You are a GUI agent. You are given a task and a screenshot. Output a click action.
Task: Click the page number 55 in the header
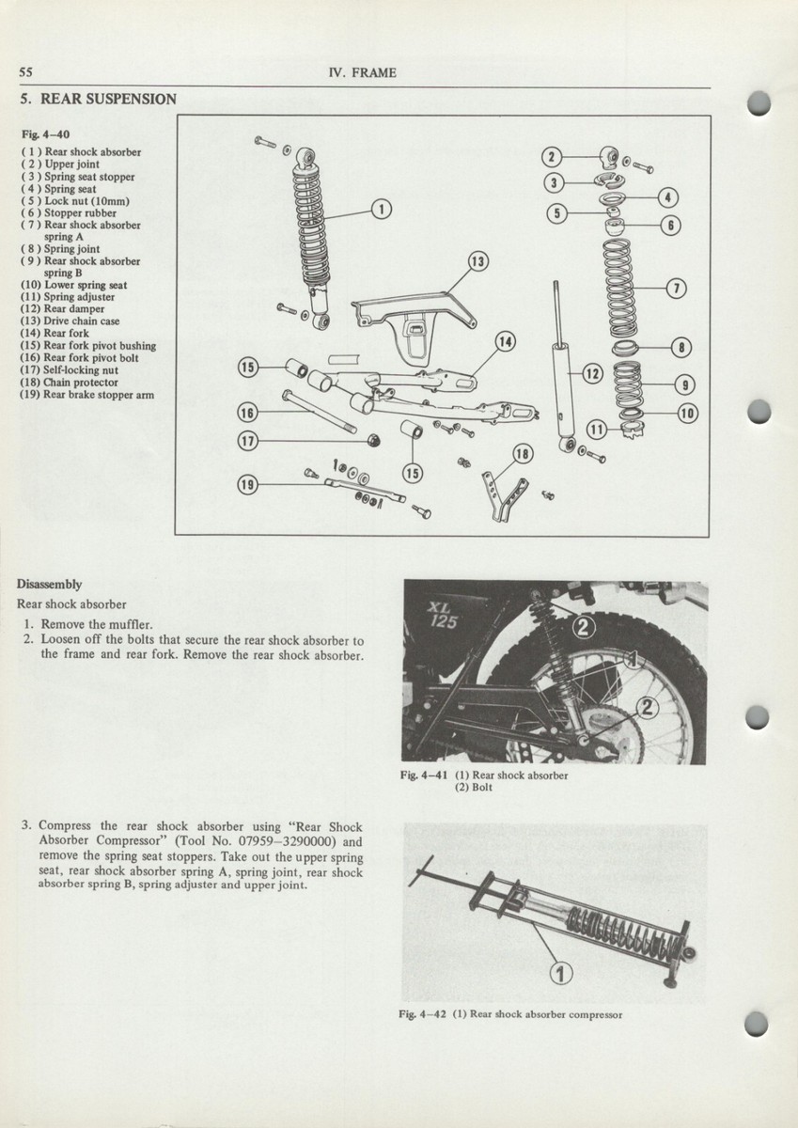[x=26, y=73]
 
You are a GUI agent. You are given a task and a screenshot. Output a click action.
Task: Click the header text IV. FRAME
[x=363, y=73]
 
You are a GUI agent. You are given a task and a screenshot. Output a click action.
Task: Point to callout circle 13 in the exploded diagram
[x=478, y=260]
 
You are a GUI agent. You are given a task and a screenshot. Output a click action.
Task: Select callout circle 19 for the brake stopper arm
[x=247, y=485]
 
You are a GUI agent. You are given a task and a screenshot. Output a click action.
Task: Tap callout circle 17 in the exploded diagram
[x=247, y=440]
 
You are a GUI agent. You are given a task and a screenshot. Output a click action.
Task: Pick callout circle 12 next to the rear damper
[x=592, y=374]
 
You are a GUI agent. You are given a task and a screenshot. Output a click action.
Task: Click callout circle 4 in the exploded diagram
[x=668, y=197]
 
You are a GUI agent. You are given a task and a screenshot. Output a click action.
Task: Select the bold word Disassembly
[x=49, y=584]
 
